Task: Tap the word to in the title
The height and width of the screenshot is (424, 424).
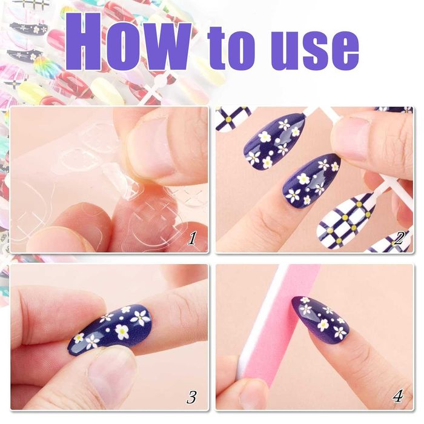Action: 232,48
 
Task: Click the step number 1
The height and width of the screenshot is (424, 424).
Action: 192,238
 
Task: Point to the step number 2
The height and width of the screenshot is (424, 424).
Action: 399,238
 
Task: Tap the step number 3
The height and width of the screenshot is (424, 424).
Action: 192,396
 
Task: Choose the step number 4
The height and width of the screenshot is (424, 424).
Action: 398,396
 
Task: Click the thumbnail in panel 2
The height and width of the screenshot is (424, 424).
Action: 351,139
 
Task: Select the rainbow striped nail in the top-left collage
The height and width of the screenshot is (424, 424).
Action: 43,66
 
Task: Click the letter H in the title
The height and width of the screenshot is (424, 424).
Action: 84,42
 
